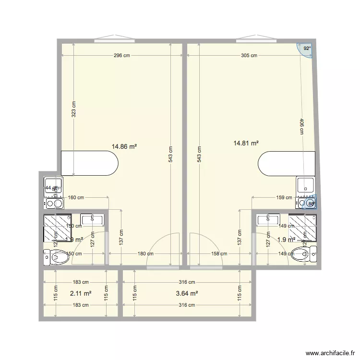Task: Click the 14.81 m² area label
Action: pyautogui.click(x=246, y=143)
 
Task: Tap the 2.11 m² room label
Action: pyautogui.click(x=81, y=293)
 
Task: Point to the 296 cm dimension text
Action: pyautogui.click(x=122, y=55)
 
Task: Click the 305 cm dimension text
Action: pyautogui.click(x=249, y=55)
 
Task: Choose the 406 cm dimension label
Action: pyautogui.click(x=302, y=127)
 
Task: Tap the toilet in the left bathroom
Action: pyautogui.click(x=57, y=257)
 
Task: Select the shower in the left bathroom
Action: pyautogui.click(x=58, y=228)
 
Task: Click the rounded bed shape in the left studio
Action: pyautogui.click(x=89, y=164)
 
